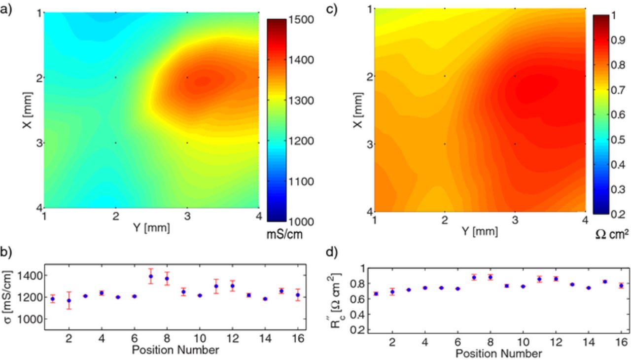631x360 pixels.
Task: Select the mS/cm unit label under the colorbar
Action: pyautogui.click(x=284, y=235)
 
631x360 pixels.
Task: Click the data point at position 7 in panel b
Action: pyautogui.click(x=151, y=276)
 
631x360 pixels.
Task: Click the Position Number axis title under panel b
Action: pyautogui.click(x=175, y=351)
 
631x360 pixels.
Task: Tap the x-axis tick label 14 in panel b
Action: pyautogui.click(x=265, y=339)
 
